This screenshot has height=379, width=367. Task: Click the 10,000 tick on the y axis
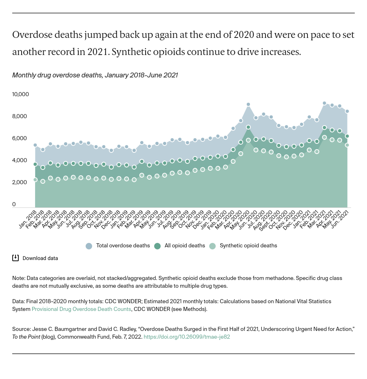click(x=20, y=95)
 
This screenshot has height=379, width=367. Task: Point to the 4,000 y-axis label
click(x=20, y=161)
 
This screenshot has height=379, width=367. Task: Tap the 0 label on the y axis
click(x=14, y=205)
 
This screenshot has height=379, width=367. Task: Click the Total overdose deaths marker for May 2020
click(x=248, y=104)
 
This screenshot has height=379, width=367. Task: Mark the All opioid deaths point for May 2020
click(x=248, y=127)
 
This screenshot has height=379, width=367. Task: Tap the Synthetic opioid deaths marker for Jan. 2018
click(x=35, y=180)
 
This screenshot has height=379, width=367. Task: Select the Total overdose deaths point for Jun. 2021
click(x=347, y=111)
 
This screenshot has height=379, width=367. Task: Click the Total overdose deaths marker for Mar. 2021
click(x=324, y=103)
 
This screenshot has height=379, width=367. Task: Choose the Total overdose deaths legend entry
click(x=113, y=246)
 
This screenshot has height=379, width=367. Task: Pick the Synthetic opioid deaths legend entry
click(x=243, y=246)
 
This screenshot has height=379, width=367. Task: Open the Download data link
click(x=40, y=258)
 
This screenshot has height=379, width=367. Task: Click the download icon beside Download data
click(x=15, y=258)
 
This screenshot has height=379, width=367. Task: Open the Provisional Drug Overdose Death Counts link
click(x=82, y=309)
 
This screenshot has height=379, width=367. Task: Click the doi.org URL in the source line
click(x=187, y=337)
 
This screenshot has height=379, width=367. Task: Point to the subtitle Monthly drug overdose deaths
click(x=95, y=75)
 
